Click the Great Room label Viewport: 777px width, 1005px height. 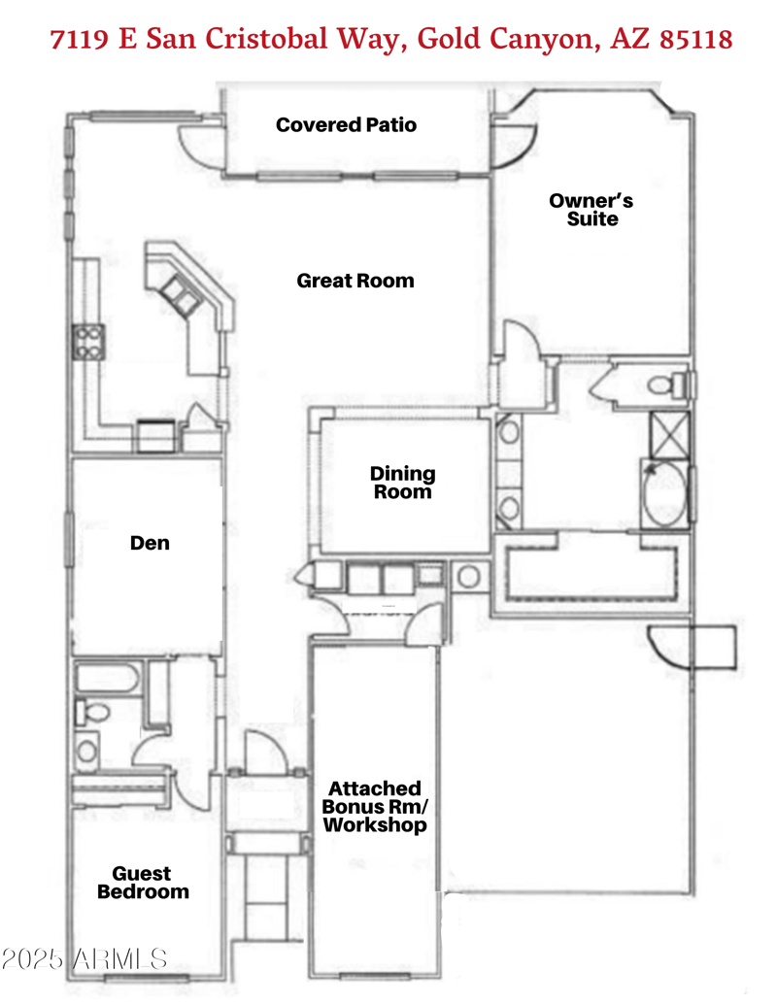point(355,281)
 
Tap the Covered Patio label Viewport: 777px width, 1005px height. point(346,124)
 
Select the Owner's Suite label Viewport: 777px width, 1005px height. point(591,210)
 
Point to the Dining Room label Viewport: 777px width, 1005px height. point(402,483)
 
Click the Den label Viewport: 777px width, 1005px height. point(150,543)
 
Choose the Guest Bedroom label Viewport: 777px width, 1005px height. point(142,883)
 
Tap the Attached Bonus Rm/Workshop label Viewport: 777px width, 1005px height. point(375,807)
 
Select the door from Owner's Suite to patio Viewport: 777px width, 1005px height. point(513,143)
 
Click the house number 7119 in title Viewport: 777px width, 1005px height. point(81,40)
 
